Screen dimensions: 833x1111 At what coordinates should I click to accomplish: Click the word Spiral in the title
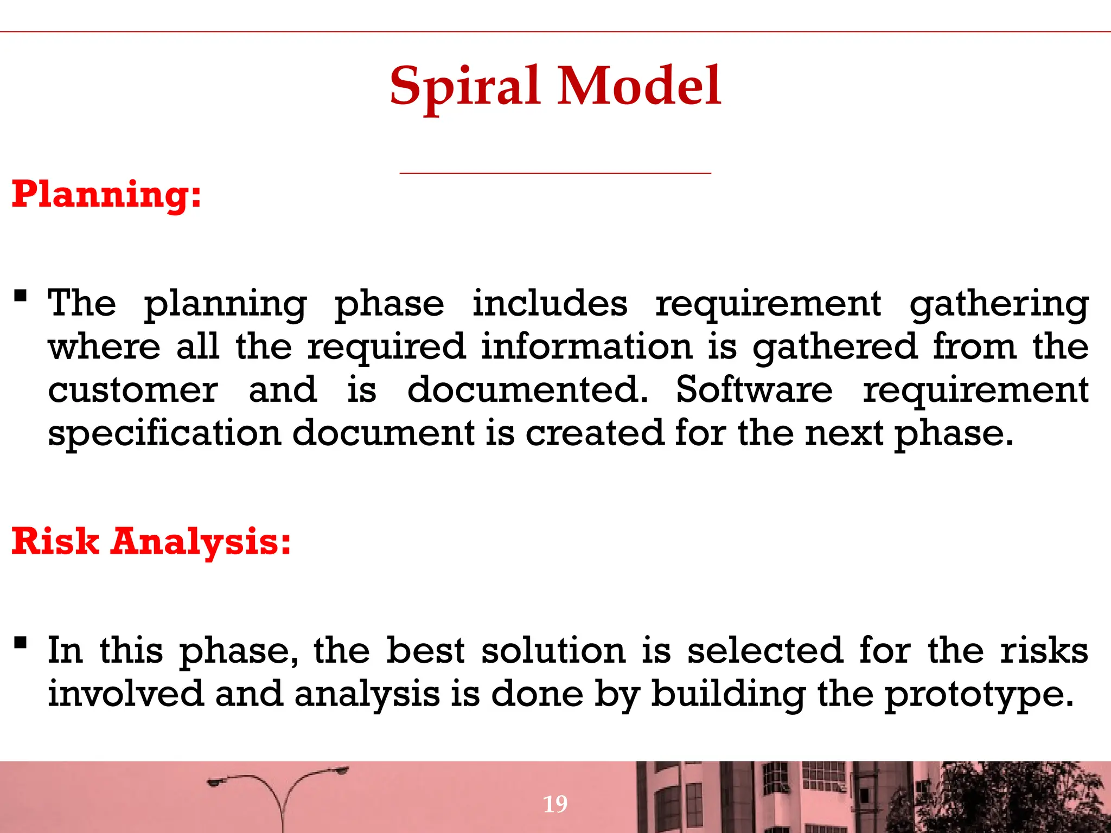pos(464,87)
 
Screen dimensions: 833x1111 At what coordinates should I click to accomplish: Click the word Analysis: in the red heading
pos(201,542)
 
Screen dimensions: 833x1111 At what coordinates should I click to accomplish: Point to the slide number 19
pos(555,804)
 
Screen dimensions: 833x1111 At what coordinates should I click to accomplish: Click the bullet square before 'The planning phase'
pos(21,296)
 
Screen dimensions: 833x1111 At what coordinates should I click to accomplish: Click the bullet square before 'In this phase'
pos(21,643)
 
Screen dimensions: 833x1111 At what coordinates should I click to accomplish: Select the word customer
pos(133,390)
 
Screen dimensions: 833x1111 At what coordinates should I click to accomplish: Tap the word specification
pos(164,434)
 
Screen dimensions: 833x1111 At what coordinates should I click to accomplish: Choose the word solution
pos(553,651)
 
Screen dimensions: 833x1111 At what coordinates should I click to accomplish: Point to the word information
pos(586,347)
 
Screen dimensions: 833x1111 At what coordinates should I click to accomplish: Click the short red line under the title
pos(555,173)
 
